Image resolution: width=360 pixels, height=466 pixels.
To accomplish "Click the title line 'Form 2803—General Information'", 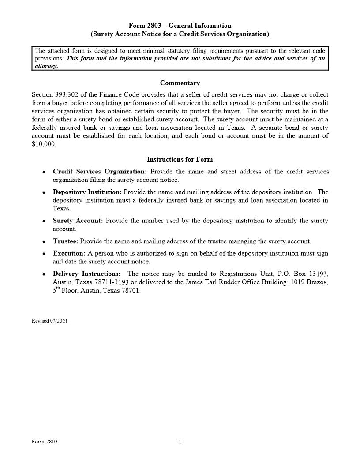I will (180, 26).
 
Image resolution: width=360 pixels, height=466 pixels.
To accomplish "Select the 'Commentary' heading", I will (180, 83).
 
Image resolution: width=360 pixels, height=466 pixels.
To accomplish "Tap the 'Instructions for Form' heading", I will (180, 159).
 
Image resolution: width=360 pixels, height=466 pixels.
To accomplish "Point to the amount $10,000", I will (44, 144).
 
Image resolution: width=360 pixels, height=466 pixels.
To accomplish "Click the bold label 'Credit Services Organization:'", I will (100, 172).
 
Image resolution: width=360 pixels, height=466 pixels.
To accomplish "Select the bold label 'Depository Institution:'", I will (87, 192).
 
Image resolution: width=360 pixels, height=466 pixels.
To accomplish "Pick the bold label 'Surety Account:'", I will (78, 221).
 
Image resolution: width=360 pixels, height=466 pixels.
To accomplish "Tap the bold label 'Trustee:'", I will (65, 241).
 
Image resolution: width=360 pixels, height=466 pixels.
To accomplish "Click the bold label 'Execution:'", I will (69, 254).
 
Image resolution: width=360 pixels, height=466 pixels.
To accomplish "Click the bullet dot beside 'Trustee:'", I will (44, 242).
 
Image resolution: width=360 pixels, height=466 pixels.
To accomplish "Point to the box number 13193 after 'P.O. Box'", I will (317, 274).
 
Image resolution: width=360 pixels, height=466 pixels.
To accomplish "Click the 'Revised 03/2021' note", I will (49, 321).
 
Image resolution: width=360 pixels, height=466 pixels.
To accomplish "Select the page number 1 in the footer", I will (180, 442).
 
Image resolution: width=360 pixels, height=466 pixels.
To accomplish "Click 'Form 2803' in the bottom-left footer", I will (45, 442).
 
